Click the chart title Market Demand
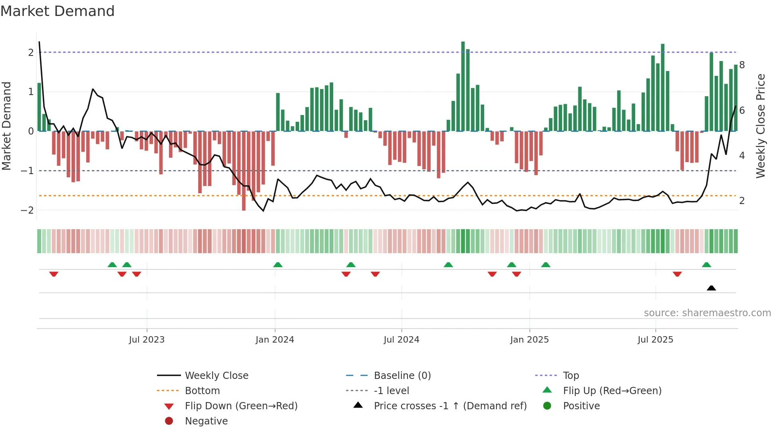(x=58, y=11)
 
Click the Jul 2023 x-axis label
(x=147, y=340)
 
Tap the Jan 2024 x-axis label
(x=275, y=340)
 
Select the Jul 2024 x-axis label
(x=401, y=340)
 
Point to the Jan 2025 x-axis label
(x=529, y=340)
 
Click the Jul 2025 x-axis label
(x=655, y=340)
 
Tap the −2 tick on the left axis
(x=28, y=210)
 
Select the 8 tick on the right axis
(x=742, y=65)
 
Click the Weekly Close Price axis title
(x=761, y=126)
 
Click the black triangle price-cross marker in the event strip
(x=711, y=288)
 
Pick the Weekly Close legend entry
(x=216, y=376)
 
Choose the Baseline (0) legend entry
(x=402, y=376)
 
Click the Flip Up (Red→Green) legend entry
(x=612, y=391)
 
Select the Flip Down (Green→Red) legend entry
(x=241, y=406)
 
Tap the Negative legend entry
(x=206, y=421)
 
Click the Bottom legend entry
(x=202, y=391)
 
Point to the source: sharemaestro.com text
(x=707, y=313)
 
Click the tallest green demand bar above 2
(x=463, y=86)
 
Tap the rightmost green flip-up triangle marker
(x=706, y=265)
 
